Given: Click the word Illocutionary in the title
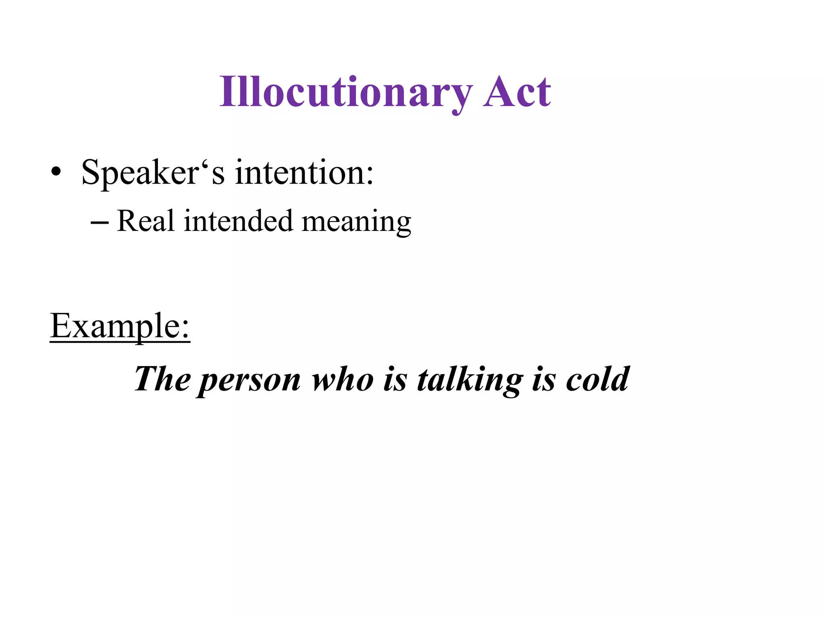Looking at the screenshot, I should click(346, 93).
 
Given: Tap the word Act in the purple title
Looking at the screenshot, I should click(517, 93).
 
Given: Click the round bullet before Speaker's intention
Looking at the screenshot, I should click(56, 172).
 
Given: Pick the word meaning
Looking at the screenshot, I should click(356, 222).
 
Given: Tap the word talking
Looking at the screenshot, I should click(470, 380).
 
